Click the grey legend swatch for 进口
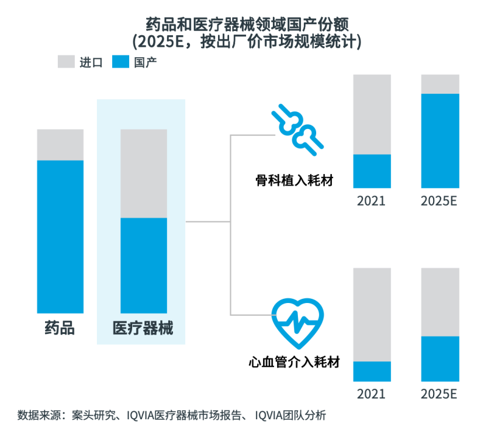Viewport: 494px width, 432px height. tap(65, 61)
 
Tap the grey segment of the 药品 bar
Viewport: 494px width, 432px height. tap(60, 144)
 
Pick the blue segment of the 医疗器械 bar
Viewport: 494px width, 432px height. tap(144, 265)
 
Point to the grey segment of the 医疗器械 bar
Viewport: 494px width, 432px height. tap(144, 173)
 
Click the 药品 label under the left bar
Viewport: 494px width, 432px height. tap(60, 329)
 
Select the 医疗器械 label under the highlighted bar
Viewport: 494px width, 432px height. tap(143, 329)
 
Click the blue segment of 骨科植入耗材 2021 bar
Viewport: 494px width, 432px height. tap(372, 171)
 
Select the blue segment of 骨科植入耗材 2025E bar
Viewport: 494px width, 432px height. tap(440, 141)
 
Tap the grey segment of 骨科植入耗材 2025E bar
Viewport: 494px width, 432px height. tap(440, 84)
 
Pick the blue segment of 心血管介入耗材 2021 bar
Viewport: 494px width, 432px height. tap(372, 371)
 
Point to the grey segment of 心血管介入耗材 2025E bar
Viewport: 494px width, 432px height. tap(440, 302)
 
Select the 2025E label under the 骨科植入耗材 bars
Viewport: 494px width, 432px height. tap(439, 201)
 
